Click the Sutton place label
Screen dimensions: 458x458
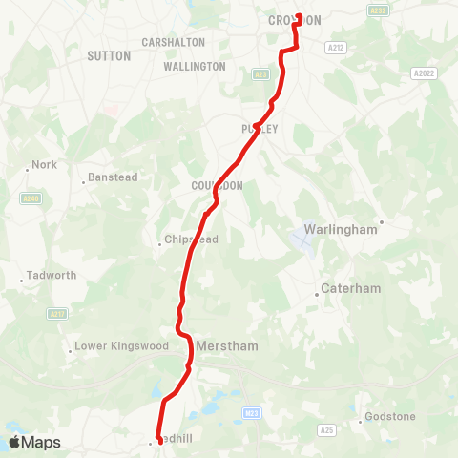(x=109, y=56)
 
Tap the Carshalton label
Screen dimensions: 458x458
(x=173, y=43)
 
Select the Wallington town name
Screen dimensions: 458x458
(x=194, y=67)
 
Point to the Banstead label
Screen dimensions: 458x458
(x=114, y=177)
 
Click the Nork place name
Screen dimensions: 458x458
(x=45, y=164)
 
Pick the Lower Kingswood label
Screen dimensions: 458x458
(x=114, y=347)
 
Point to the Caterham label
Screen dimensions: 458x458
(x=350, y=288)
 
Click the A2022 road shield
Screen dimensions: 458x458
(x=424, y=73)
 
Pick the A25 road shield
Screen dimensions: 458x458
(x=327, y=430)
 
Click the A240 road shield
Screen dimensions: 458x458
(x=31, y=198)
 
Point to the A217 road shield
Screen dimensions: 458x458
(x=58, y=314)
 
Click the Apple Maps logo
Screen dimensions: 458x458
(x=33, y=442)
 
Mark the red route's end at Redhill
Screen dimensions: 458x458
(x=159, y=441)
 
